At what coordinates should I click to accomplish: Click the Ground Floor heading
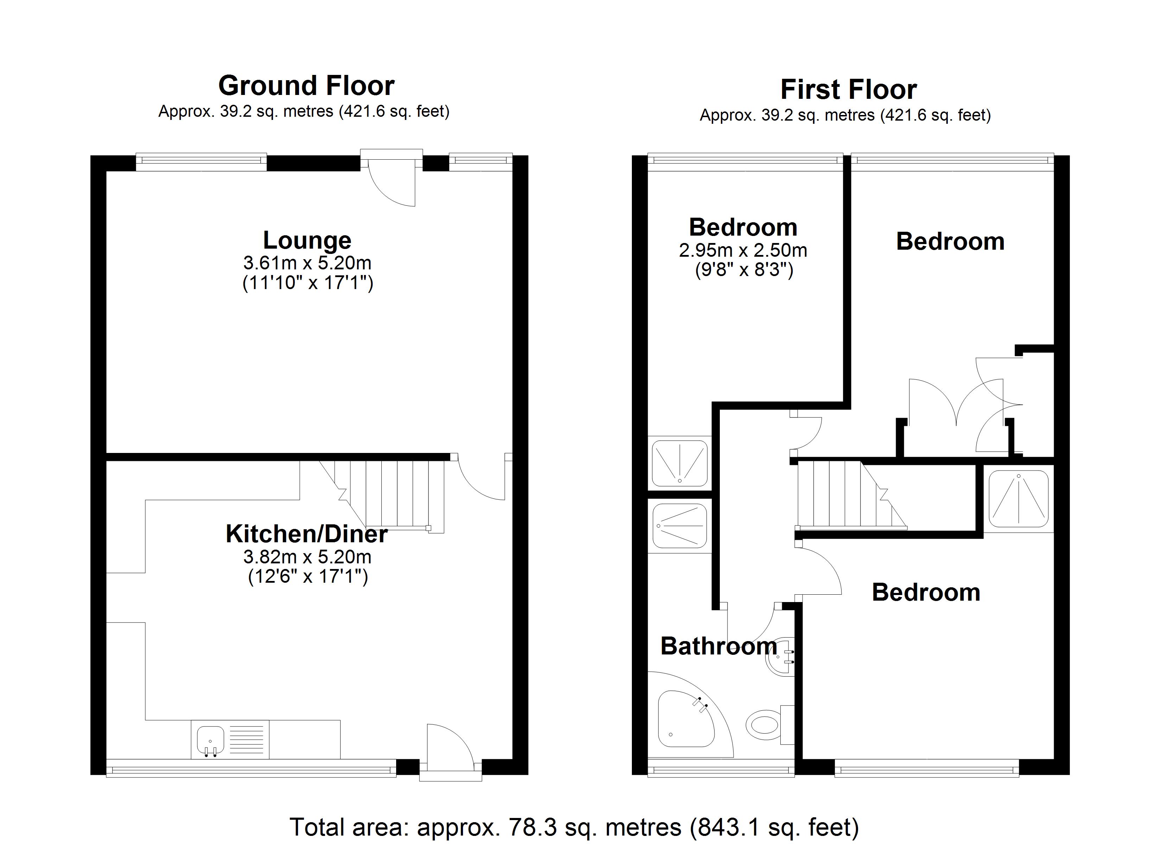click(306, 85)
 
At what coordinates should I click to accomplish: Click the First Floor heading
click(848, 90)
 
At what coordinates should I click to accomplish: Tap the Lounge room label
click(307, 240)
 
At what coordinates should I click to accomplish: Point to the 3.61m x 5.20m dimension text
click(307, 263)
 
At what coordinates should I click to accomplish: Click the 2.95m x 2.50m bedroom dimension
click(743, 250)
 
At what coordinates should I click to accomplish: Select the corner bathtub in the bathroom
click(685, 720)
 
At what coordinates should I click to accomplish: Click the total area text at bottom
click(574, 827)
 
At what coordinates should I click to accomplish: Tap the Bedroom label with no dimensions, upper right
click(950, 242)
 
